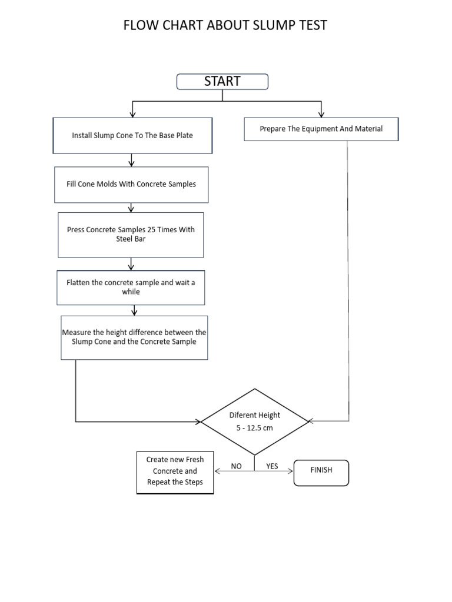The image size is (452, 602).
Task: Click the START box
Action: coord(222,82)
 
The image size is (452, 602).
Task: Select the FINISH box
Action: coord(321,473)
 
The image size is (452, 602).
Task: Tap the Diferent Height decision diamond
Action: coord(254,422)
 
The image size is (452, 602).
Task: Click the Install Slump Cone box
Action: coord(132,136)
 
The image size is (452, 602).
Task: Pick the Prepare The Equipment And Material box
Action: coord(321,129)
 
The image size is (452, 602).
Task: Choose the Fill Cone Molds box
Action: coord(131,184)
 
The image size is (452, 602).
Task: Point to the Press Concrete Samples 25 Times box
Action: coord(131,235)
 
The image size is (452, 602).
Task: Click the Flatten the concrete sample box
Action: coord(131,287)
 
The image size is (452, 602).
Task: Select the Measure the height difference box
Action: coord(134,337)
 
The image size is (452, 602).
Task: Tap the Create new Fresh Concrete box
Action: coord(175,471)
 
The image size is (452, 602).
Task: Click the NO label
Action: coord(237,466)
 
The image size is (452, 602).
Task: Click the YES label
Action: coord(272,466)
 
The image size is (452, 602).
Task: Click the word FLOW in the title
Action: coord(140,25)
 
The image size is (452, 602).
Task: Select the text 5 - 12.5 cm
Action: coord(254,428)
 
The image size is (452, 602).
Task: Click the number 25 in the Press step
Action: coord(152,230)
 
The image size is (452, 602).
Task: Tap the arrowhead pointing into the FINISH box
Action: coord(291,471)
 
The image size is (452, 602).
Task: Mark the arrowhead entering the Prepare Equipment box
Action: coord(321,115)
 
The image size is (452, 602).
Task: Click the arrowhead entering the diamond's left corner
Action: coord(198,422)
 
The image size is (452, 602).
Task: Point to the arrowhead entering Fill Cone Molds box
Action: coord(131,163)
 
